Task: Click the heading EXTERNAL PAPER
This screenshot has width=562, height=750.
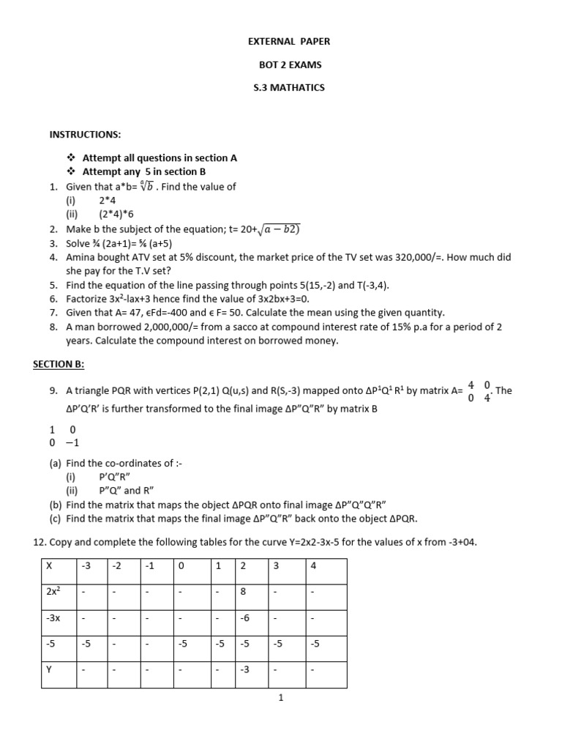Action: coord(284,42)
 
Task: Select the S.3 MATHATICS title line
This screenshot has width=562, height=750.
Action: coord(284,87)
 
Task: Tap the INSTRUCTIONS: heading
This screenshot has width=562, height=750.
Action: coord(85,134)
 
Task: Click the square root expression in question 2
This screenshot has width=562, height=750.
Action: coord(268,229)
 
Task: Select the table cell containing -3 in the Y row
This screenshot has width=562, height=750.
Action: coord(246,669)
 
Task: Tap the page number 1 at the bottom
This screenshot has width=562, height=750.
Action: coord(281,697)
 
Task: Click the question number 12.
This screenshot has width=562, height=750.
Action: coord(41,541)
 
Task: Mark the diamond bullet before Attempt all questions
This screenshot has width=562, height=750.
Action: coord(71,157)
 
